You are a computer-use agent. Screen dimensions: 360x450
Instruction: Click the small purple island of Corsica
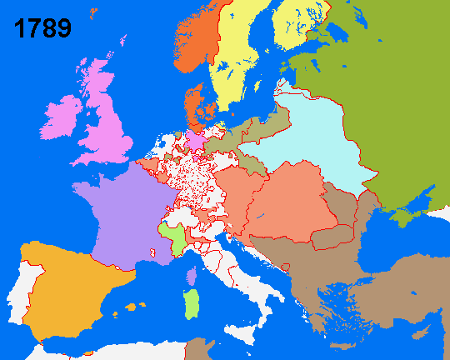[192, 276]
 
